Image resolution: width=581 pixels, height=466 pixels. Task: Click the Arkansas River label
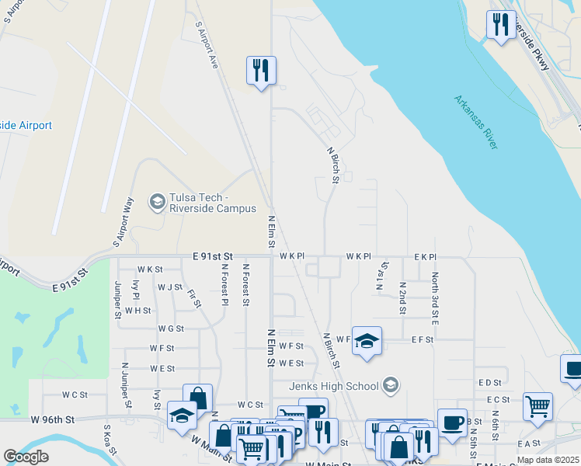476,123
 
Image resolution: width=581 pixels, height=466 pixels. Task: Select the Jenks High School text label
332,386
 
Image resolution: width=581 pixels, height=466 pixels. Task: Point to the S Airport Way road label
127,217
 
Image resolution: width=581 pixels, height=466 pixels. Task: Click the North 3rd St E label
435,298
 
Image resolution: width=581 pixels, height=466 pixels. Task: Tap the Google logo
26,457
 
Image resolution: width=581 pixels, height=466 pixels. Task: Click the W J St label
169,287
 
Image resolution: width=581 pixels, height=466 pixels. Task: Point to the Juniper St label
118,299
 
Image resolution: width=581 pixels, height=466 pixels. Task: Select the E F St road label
422,339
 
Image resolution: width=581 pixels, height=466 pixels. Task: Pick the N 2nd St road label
402,298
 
